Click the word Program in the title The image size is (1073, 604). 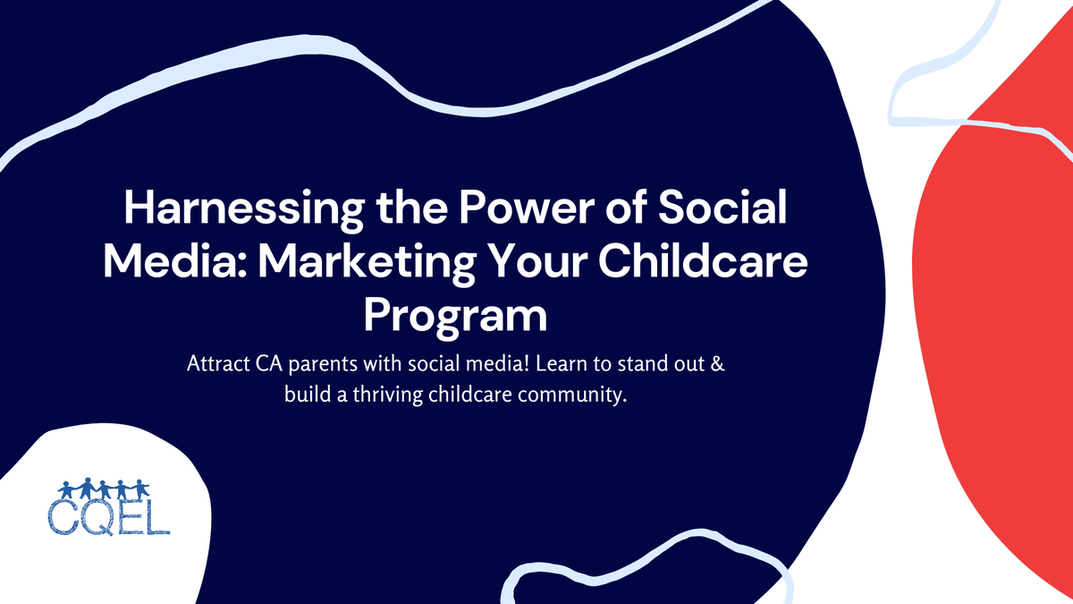pyautogui.click(x=456, y=315)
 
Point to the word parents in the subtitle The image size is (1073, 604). pyautogui.click(x=315, y=367)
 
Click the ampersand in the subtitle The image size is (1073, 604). pyautogui.click(x=725, y=366)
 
